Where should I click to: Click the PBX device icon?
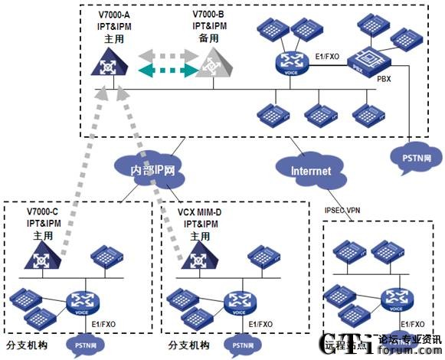click(x=365, y=57)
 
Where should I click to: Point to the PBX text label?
click(x=384, y=78)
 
